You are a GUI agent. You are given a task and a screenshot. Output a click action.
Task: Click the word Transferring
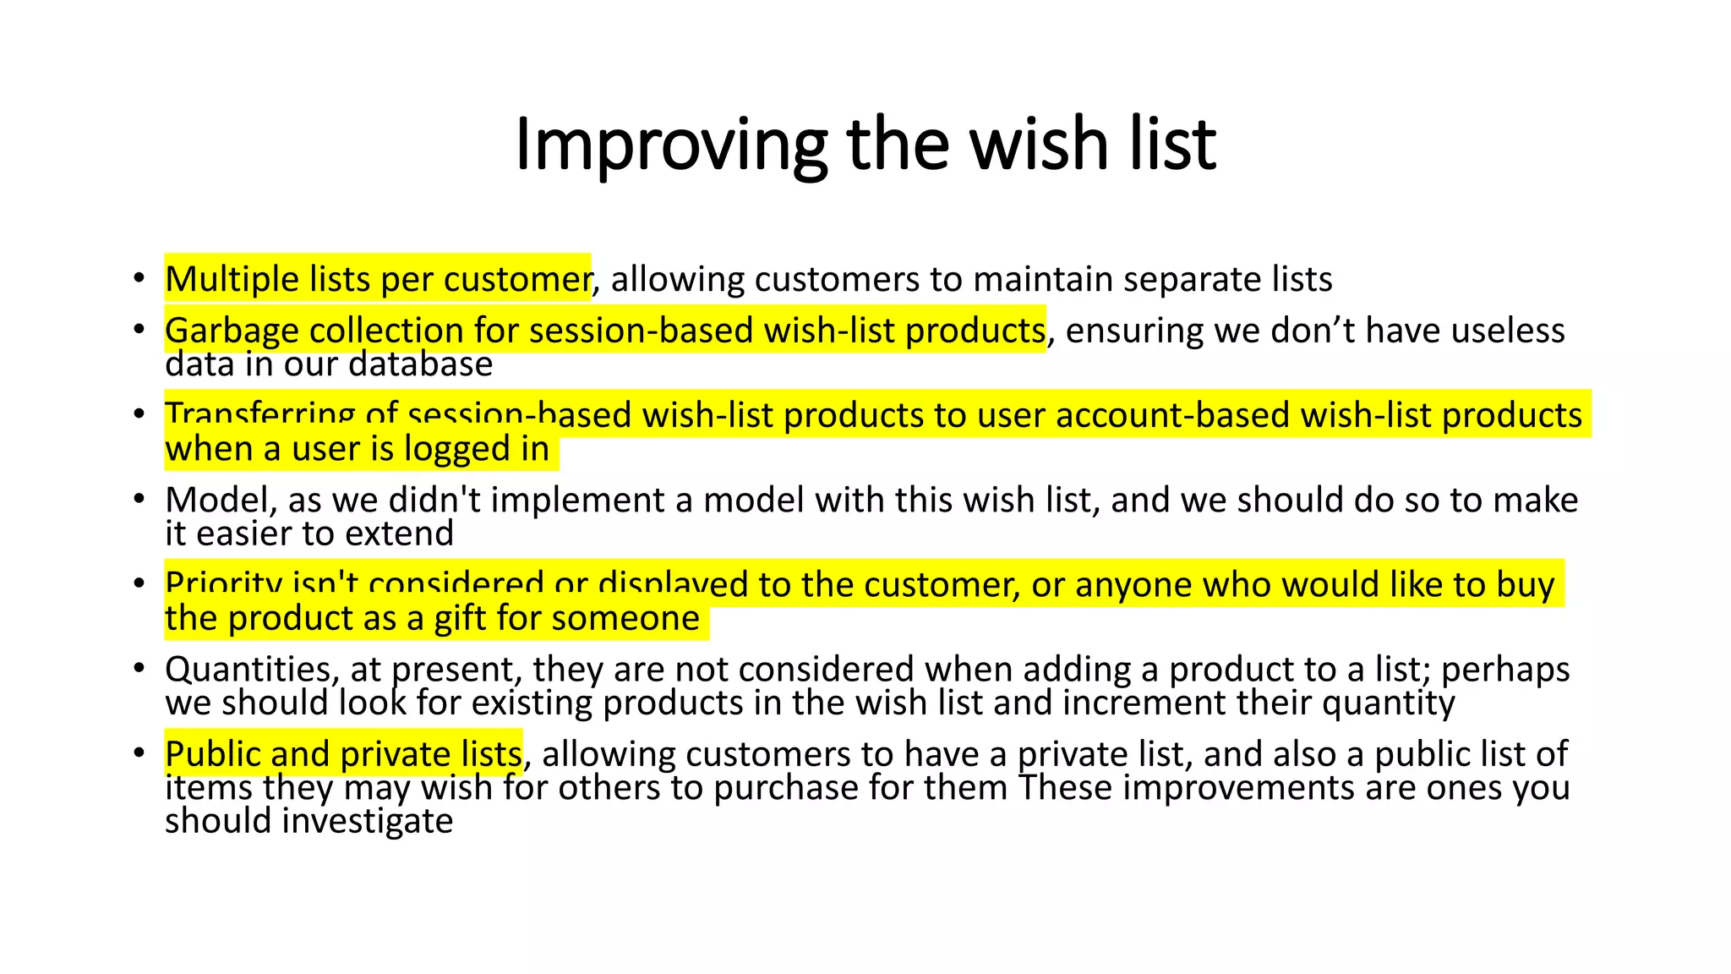pos(259,416)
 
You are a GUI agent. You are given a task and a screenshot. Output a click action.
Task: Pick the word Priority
pos(224,585)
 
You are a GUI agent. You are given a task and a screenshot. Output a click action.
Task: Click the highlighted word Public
pos(211,754)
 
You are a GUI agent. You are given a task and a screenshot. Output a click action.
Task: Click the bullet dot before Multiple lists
pos(139,278)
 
